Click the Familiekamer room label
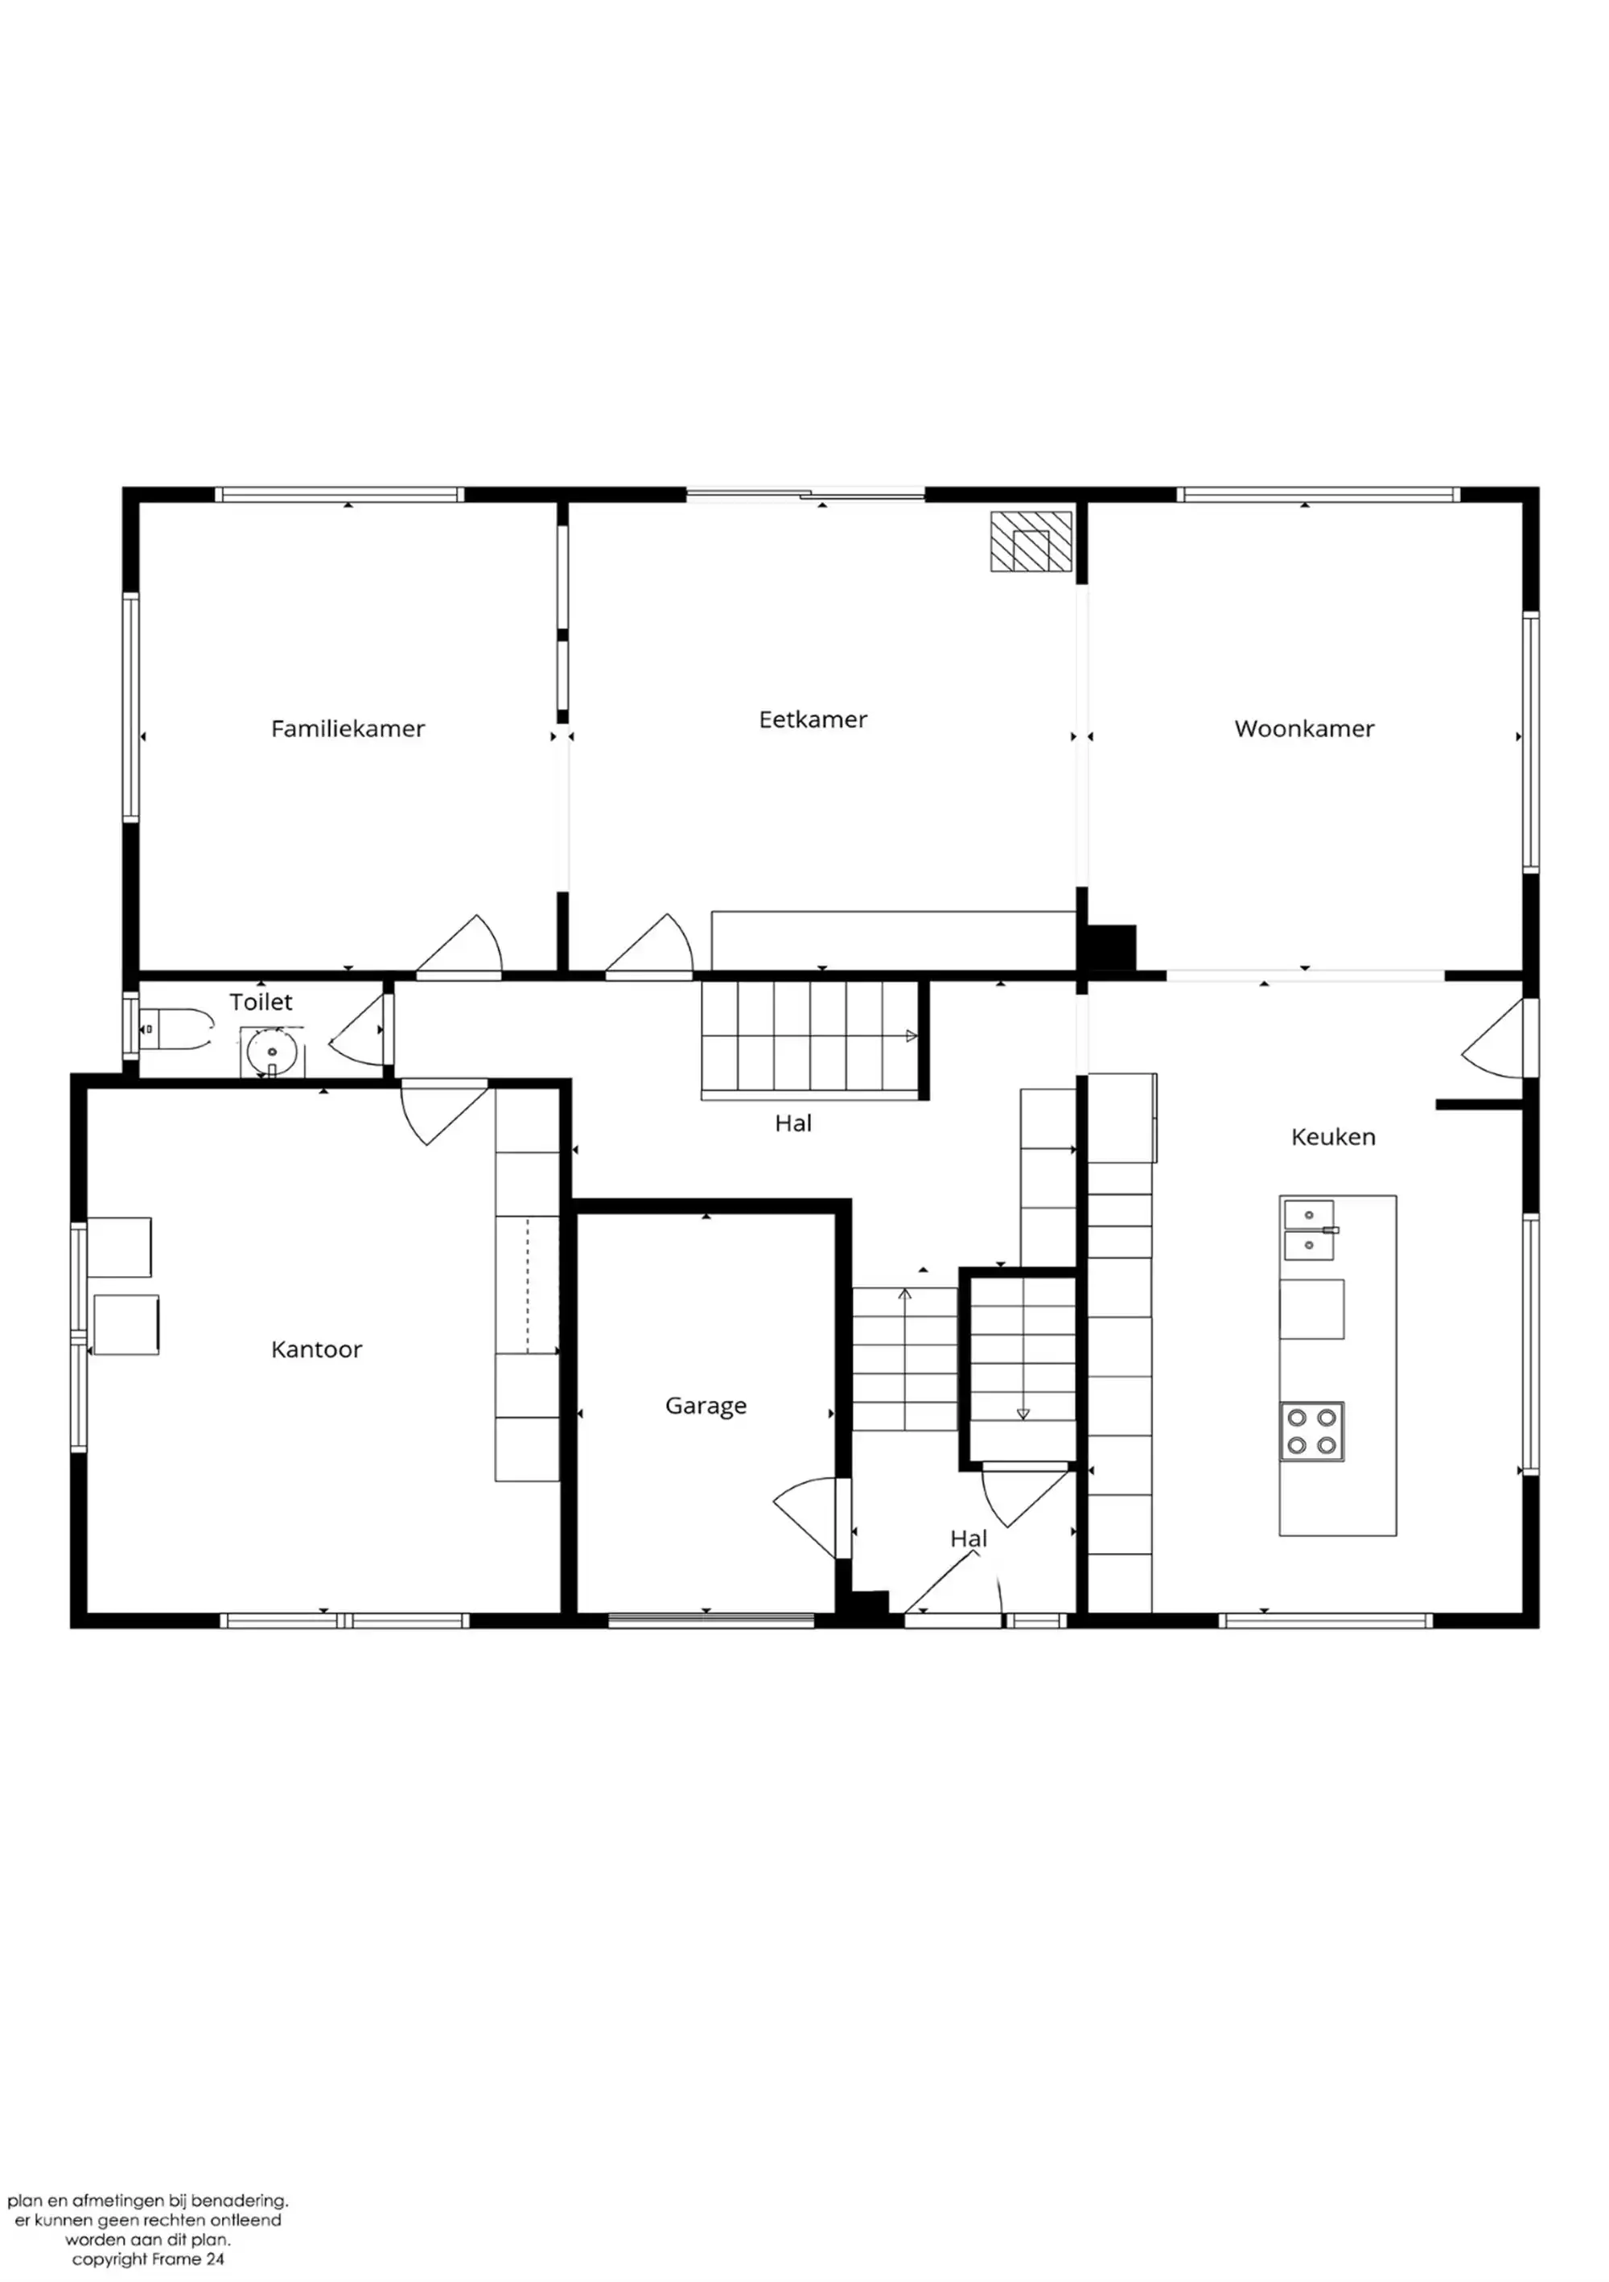pyautogui.click(x=348, y=728)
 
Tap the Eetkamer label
pyautogui.click(x=813, y=719)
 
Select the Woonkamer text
pyautogui.click(x=1304, y=728)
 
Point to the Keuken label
pyautogui.click(x=1333, y=1137)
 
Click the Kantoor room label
pyautogui.click(x=316, y=1349)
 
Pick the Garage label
pyautogui.click(x=706, y=1407)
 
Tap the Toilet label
pyautogui.click(x=261, y=1002)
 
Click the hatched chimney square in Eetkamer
pyautogui.click(x=1031, y=542)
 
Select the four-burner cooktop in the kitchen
pyautogui.click(x=1312, y=1431)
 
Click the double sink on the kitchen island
pyautogui.click(x=1309, y=1230)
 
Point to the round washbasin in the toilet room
pyautogui.click(x=271, y=1052)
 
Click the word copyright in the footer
pyautogui.click(x=109, y=2259)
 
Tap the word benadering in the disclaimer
pyautogui.click(x=238, y=2202)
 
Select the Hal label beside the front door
pyautogui.click(x=968, y=1538)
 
